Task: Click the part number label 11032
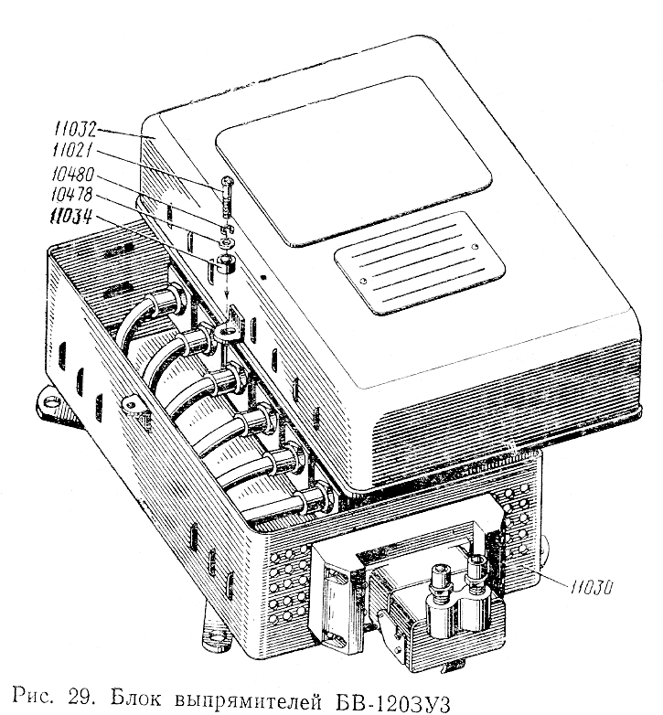coord(76,130)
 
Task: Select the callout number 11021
coord(72,150)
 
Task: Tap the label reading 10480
coord(73,175)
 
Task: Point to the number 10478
coord(71,195)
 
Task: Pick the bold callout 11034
coord(70,216)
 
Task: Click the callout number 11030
coord(591,587)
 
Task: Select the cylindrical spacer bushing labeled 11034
coord(226,264)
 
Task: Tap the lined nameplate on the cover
coord(420,262)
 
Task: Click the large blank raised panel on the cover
coord(354,161)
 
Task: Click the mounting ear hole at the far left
coord(53,401)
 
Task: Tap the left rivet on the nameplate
coord(363,281)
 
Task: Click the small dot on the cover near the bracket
coord(262,276)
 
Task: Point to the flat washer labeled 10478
coord(226,242)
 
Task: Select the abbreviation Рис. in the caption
coord(36,698)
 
